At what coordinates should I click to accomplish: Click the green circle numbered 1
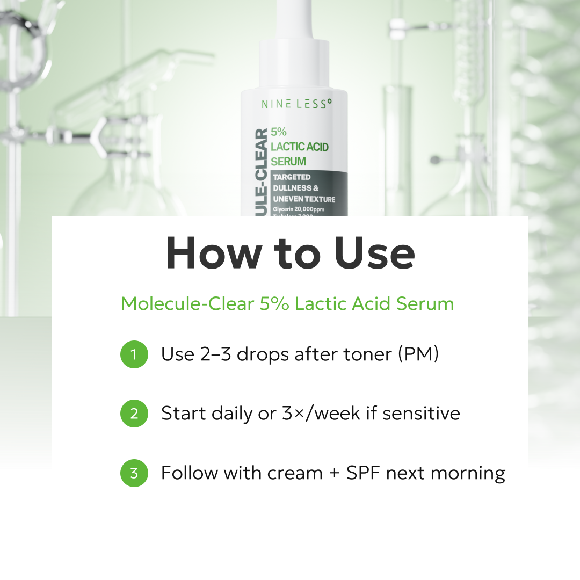tap(134, 354)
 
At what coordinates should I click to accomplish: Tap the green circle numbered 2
tap(134, 414)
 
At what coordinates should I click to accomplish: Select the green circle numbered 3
tap(134, 473)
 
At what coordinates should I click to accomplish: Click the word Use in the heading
tap(374, 253)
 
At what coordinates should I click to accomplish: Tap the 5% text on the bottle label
tap(279, 132)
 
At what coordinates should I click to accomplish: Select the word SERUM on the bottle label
tap(288, 161)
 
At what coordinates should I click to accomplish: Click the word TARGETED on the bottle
tap(292, 177)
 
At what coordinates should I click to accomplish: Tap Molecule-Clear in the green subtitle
tap(187, 304)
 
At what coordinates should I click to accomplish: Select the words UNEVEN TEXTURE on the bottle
tap(303, 199)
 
